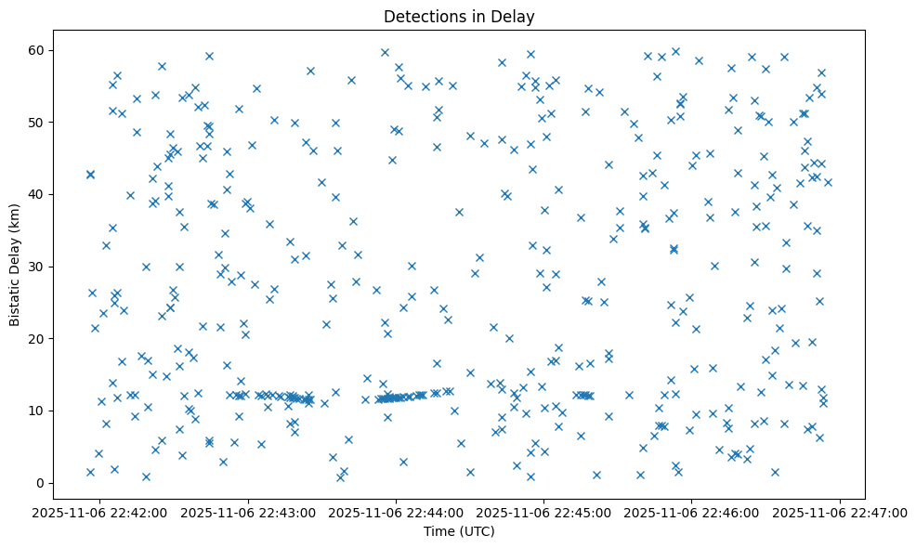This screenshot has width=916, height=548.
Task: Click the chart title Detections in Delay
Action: click(x=459, y=17)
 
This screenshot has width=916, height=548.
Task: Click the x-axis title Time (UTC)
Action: click(x=459, y=532)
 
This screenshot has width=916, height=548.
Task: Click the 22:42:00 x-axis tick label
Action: click(x=101, y=511)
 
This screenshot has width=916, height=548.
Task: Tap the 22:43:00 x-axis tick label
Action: click(x=249, y=511)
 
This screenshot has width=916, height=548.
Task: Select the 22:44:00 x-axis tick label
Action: click(x=397, y=511)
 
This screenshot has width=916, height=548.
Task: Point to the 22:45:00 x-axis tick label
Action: click(x=544, y=511)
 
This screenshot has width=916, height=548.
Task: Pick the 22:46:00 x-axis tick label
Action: click(x=692, y=511)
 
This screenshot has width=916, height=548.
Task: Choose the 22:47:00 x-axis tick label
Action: click(x=840, y=511)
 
